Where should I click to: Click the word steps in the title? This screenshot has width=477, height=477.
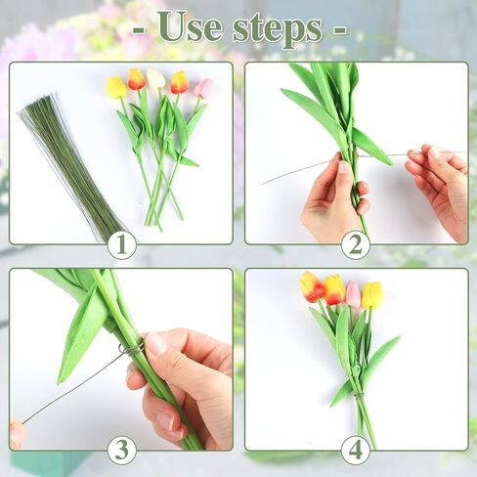278,30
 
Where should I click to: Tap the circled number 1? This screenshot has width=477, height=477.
121,244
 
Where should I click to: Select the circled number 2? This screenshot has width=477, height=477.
355,244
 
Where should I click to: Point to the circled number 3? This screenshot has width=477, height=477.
121,451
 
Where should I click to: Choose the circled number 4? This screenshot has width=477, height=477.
355,451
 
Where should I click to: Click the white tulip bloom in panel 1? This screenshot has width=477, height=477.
155,78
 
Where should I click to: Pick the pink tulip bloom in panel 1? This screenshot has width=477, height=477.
203,88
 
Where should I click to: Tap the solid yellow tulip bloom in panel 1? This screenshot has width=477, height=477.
116,88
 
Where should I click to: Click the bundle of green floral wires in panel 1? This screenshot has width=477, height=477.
71,166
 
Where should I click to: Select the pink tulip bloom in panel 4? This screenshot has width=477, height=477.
353,294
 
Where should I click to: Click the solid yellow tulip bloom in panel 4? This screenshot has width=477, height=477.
371,296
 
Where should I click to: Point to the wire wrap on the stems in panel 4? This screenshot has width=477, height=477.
359,396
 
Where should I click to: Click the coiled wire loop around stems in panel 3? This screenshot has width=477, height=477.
131,349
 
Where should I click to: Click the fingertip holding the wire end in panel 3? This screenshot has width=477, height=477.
17,433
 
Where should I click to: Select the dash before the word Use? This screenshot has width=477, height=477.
139,30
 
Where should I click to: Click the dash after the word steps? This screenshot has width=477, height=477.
340,30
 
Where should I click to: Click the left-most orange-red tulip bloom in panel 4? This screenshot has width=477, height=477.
311,286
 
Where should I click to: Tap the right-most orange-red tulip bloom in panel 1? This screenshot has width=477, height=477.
179,82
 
